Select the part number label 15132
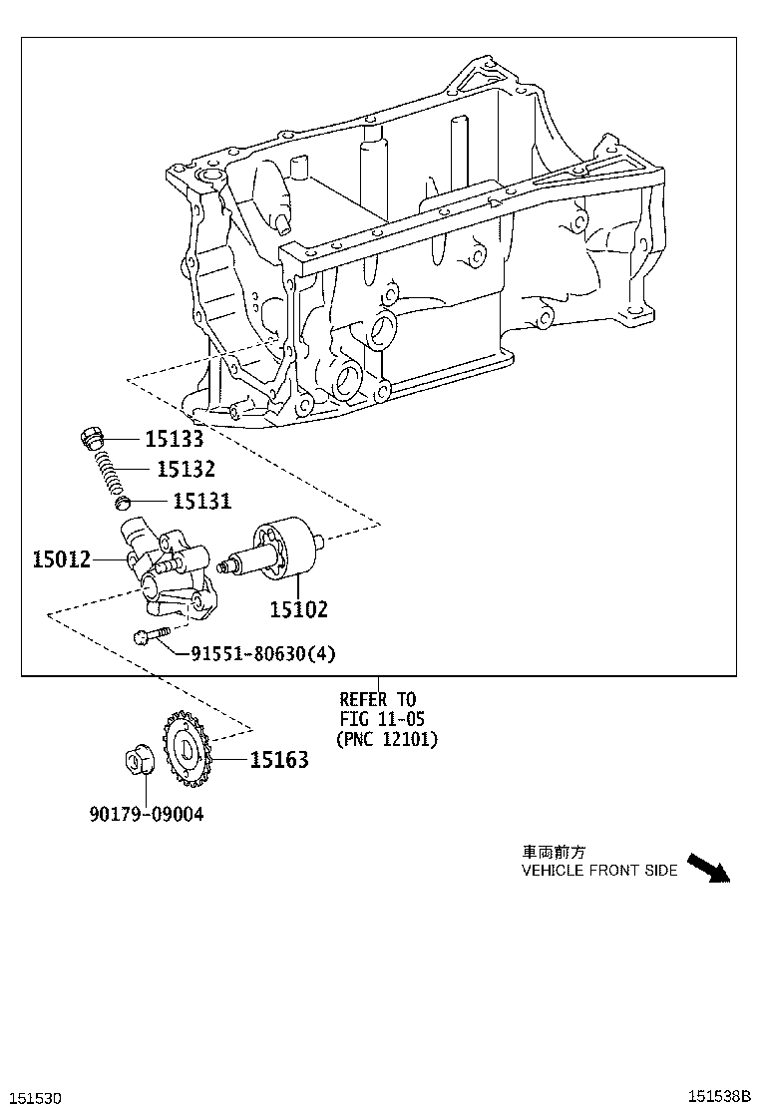185,469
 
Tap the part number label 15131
201,502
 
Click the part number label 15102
297,609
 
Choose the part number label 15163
278,761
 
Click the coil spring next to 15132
112,470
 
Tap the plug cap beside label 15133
92,438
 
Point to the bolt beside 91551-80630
152,635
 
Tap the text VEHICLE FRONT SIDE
599,871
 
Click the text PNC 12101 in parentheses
386,739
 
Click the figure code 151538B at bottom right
719,1097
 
